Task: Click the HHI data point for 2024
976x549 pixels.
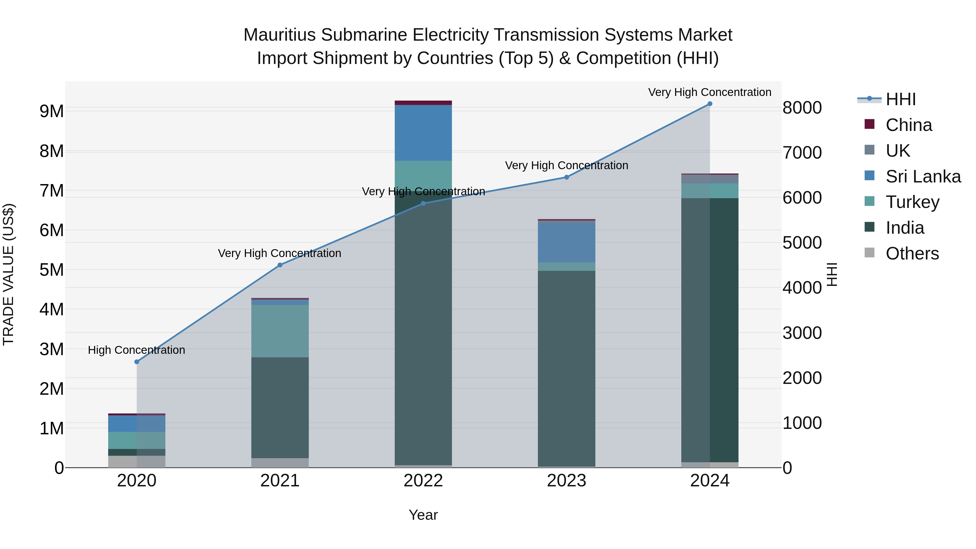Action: click(710, 104)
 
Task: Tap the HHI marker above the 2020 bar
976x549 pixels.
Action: click(137, 362)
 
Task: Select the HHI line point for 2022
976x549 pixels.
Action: click(423, 203)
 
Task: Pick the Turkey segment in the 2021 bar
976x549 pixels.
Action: click(280, 331)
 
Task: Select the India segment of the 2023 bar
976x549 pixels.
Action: click(566, 368)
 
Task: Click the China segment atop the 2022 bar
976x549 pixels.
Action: click(423, 103)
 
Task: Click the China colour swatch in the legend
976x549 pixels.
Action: click(869, 124)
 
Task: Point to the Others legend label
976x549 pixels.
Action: click(912, 253)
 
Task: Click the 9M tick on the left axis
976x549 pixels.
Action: click(52, 111)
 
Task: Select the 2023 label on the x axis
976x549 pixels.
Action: click(566, 481)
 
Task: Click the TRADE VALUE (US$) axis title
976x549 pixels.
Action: click(8, 274)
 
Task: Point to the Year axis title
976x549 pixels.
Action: click(423, 515)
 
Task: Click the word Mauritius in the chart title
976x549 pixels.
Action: click(280, 35)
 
